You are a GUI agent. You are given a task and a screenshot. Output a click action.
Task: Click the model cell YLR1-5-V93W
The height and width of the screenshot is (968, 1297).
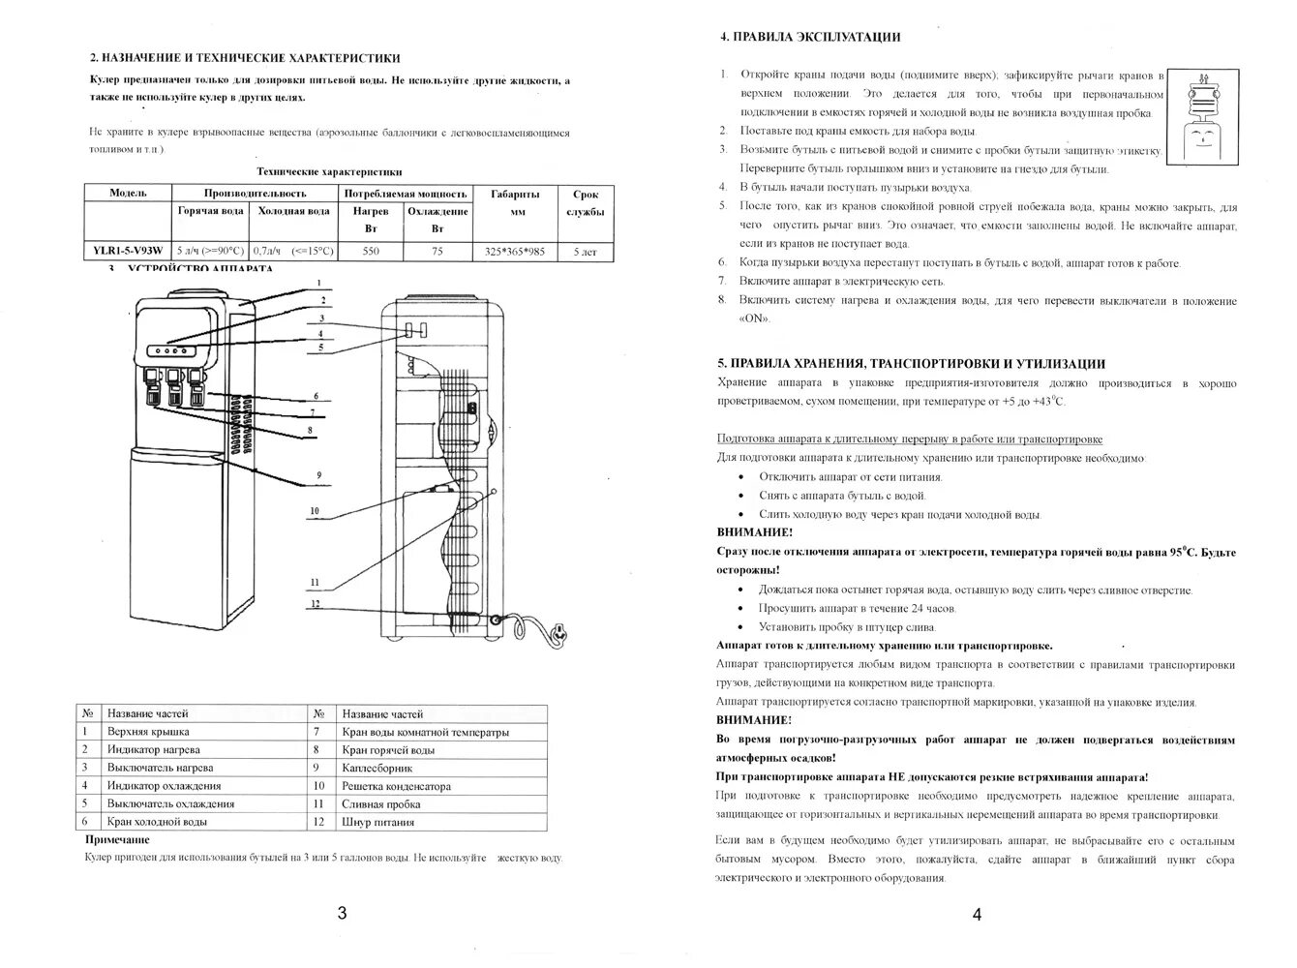click(128, 251)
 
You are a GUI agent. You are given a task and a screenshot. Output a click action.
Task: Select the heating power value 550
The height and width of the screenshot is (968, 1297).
click(370, 251)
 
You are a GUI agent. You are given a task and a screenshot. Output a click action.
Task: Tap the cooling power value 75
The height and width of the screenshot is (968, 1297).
click(437, 251)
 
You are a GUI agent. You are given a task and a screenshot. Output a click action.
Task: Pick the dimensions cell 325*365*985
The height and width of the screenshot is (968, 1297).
click(514, 252)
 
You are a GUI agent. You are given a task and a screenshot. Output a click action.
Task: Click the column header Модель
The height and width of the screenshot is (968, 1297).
click(128, 193)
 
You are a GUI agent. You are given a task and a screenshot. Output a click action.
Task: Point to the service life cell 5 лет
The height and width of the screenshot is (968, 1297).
click(585, 252)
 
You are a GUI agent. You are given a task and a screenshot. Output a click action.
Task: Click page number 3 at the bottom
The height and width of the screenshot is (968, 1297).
click(342, 913)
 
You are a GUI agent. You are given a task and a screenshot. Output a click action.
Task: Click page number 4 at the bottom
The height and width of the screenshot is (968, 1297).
click(977, 914)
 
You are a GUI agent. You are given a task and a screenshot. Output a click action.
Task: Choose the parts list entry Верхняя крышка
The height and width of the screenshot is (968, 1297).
click(148, 732)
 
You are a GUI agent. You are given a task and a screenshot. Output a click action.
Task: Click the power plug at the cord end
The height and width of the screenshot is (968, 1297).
click(558, 634)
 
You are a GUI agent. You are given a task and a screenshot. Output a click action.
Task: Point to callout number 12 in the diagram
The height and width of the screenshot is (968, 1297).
click(315, 604)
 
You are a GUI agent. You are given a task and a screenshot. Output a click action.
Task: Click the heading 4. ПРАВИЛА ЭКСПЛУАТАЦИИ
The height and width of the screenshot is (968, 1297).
click(810, 37)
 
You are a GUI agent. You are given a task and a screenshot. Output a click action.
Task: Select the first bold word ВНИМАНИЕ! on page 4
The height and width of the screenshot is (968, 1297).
click(754, 532)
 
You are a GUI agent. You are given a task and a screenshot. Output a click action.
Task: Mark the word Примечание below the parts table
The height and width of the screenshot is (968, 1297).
click(117, 839)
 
